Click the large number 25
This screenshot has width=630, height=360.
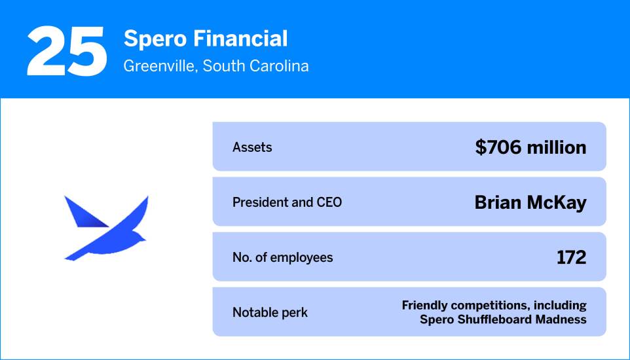click(x=67, y=51)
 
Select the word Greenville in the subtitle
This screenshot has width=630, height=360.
click(x=159, y=66)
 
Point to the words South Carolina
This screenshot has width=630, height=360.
click(x=255, y=66)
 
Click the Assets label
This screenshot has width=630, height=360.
click(x=252, y=147)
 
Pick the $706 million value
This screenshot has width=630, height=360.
click(x=530, y=147)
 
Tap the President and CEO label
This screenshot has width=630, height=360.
click(x=287, y=202)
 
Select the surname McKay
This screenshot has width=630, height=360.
click(x=559, y=202)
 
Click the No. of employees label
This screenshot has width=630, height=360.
click(x=282, y=257)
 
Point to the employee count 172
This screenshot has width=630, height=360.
click(x=571, y=257)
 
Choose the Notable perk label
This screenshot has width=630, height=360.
click(x=270, y=312)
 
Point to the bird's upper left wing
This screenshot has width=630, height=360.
click(x=82, y=213)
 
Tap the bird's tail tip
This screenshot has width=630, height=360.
click(x=68, y=257)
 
